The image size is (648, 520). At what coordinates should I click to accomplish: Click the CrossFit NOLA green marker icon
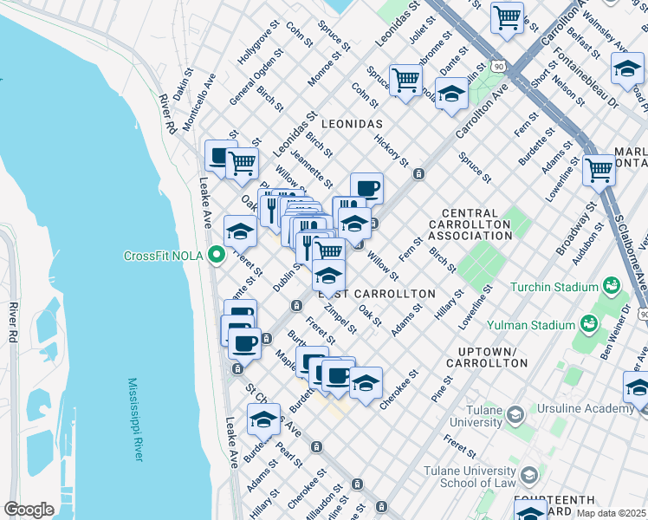point(217,255)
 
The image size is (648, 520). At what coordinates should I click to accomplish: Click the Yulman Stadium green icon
point(588,324)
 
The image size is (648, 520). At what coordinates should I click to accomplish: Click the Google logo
point(29,510)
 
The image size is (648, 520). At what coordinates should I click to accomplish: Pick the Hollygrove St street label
point(259,53)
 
